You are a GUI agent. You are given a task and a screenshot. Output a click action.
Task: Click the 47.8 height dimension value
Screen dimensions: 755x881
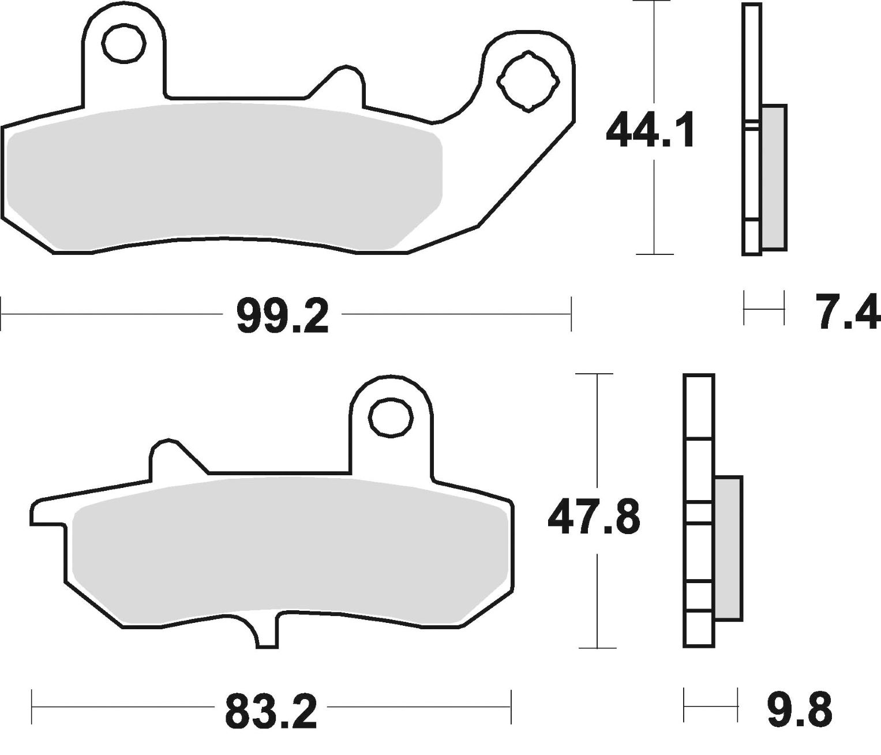click(x=594, y=517)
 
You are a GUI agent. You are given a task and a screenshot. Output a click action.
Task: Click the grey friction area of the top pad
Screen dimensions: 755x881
click(x=225, y=173)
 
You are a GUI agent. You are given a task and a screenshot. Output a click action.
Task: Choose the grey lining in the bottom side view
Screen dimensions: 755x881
click(x=728, y=548)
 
